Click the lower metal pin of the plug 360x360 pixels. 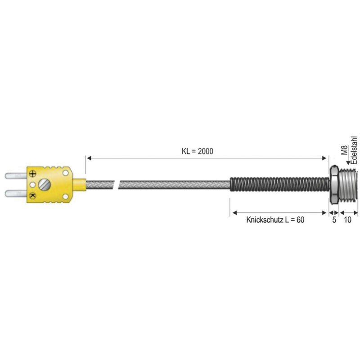coord(16,193)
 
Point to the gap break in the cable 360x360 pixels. coord(116,184)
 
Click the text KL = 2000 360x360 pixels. coord(194,152)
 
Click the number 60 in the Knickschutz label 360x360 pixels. coord(300,220)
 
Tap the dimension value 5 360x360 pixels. coord(334,220)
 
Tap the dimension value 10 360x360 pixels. coord(347,220)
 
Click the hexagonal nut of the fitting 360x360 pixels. coord(334,184)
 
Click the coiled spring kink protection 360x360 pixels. coord(279,184)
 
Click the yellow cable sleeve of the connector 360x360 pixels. coord(80,184)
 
